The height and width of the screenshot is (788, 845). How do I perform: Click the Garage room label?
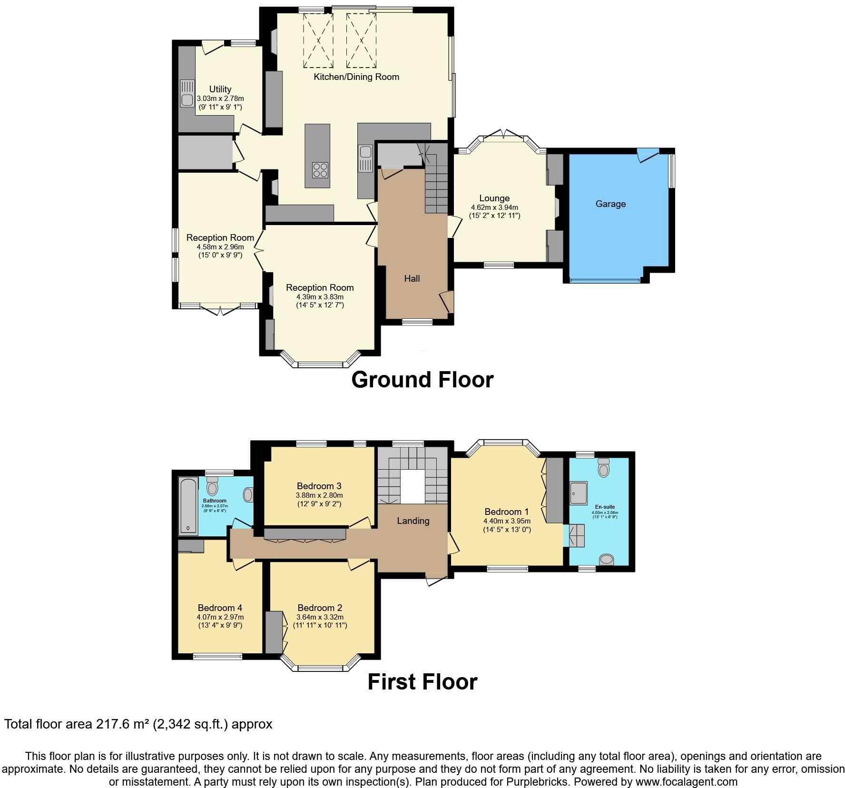(610, 204)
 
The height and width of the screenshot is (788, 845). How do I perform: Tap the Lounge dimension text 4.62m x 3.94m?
(494, 207)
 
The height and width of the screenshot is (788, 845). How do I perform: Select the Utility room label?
(220, 89)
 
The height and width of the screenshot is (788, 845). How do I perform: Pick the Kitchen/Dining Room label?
(356, 77)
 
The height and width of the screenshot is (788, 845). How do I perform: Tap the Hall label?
(412, 278)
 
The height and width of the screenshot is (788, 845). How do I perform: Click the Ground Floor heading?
(422, 380)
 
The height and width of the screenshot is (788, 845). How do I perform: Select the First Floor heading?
(422, 682)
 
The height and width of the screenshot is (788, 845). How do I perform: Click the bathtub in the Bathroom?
(188, 506)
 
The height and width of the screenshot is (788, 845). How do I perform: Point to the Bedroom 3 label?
(319, 486)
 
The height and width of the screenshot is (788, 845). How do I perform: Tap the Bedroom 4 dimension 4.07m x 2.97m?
(220, 617)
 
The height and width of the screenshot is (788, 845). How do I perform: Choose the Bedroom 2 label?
(320, 608)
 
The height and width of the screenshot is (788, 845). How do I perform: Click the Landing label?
(413, 521)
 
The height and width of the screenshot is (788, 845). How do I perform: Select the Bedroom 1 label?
(507, 512)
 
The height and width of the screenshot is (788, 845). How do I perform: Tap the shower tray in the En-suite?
(579, 493)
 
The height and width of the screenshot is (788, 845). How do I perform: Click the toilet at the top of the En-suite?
(604, 468)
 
